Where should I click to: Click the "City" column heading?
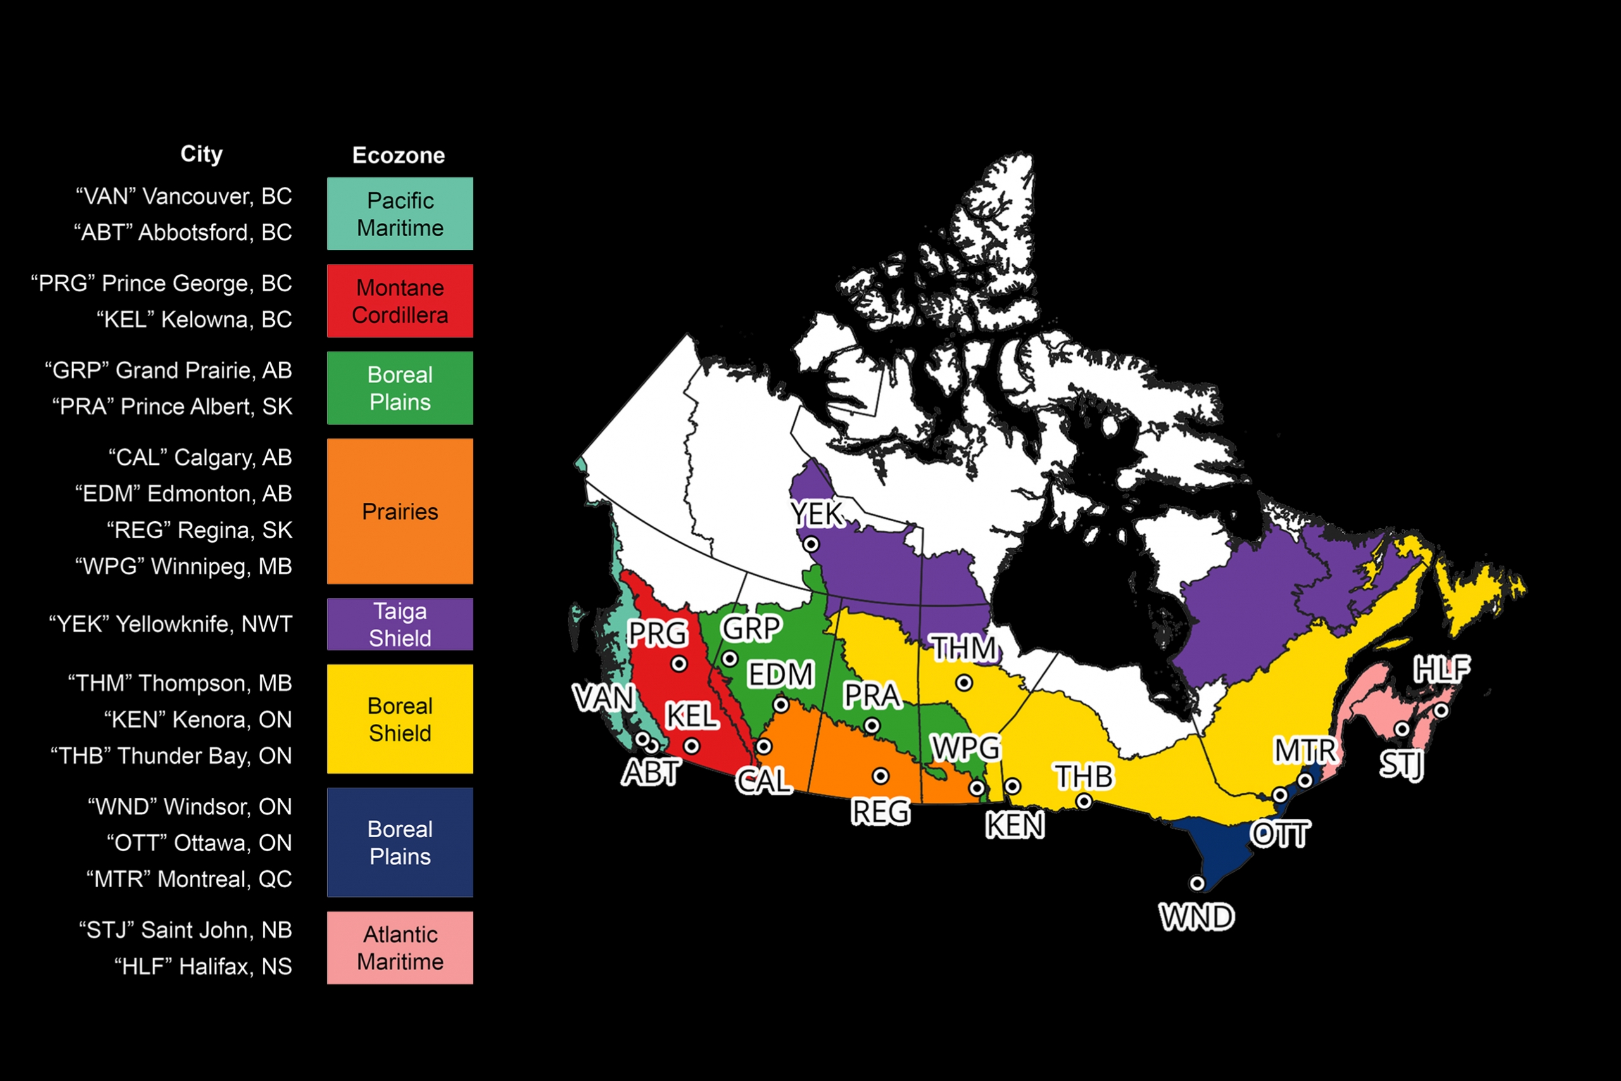(x=201, y=154)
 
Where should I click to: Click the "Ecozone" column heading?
(x=398, y=155)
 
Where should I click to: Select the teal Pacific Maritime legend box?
(x=400, y=213)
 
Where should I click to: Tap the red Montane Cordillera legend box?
(x=400, y=301)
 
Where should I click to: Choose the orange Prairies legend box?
(x=400, y=511)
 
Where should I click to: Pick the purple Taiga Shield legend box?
(x=400, y=624)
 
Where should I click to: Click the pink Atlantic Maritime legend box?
(x=400, y=947)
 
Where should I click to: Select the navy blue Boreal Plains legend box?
(x=400, y=842)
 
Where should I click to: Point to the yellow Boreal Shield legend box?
(x=400, y=718)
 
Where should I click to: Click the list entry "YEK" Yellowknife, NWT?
(x=170, y=624)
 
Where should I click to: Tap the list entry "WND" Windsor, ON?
(x=189, y=806)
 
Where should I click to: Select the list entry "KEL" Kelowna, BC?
(x=194, y=319)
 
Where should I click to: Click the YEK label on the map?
(x=817, y=514)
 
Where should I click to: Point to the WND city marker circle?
(x=1197, y=883)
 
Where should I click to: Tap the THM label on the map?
(x=964, y=648)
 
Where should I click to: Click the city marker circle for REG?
(x=880, y=776)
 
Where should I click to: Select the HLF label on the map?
(x=1442, y=669)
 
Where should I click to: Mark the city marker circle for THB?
(x=1084, y=801)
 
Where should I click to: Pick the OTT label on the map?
(x=1280, y=835)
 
